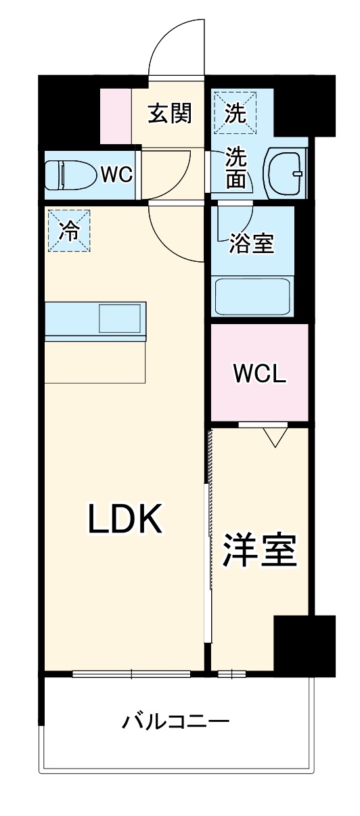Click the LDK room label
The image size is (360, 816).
(124, 519)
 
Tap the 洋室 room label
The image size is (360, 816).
(260, 549)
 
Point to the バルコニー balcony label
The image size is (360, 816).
(175, 721)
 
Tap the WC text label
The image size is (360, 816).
(116, 175)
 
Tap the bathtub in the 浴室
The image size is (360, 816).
(252, 296)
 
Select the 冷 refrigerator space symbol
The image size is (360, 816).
(68, 231)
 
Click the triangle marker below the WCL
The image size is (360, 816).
(275, 438)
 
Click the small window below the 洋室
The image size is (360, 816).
(231, 673)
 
